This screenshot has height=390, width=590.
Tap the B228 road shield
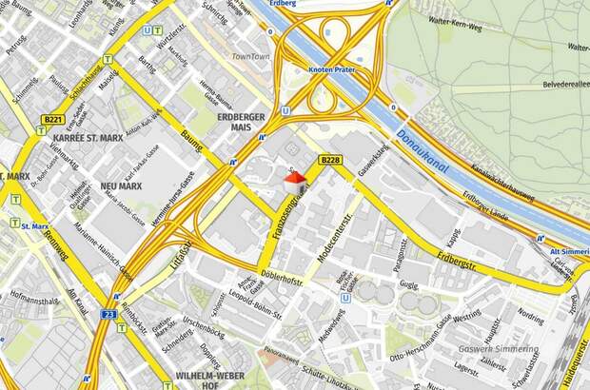point(329,160)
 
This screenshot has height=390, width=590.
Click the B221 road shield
point(54,120)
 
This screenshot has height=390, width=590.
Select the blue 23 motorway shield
point(109,312)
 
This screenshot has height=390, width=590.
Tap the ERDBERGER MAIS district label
point(241,123)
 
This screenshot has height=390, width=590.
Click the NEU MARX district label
point(120,186)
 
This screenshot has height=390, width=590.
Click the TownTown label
point(251,58)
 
